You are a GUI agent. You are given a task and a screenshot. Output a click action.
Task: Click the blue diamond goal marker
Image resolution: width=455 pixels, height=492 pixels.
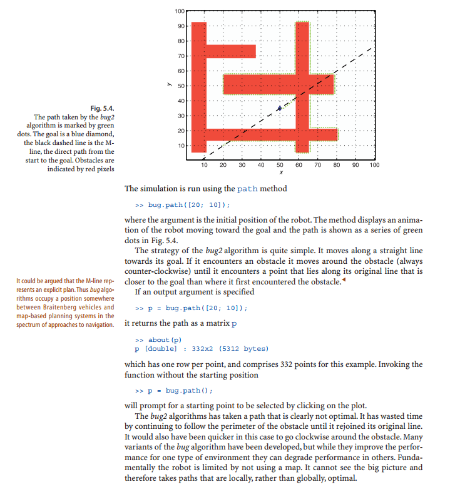coord(279,108)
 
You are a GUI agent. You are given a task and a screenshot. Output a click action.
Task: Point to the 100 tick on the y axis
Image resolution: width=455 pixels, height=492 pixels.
coord(179,12)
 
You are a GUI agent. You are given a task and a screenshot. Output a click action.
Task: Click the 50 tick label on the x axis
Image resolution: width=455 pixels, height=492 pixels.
coord(280,165)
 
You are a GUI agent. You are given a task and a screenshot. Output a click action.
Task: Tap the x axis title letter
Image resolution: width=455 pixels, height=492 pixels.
coord(280,173)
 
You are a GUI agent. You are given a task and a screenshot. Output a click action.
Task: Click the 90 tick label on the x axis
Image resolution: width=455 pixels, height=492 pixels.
coord(355,165)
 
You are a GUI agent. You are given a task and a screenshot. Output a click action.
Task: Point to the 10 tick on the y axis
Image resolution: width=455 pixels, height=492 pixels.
coord(180,146)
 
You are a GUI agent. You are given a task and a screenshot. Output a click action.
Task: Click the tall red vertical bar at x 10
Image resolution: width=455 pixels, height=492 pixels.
coord(198,88)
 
